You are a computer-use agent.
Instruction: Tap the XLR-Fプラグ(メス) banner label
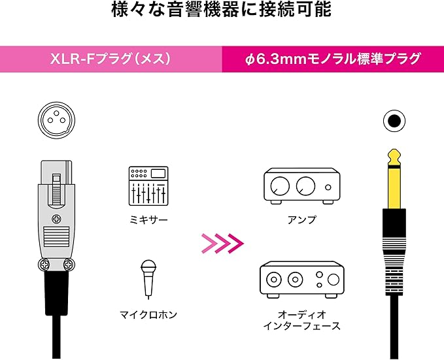[111, 59]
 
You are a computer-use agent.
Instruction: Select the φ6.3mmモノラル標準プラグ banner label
[332, 59]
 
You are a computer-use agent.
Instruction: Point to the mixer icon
[148, 186]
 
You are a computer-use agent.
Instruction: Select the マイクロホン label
[148, 314]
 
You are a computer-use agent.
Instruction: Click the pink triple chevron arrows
[222, 243]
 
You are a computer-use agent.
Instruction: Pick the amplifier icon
[301, 185]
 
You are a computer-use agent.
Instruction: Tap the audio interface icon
[301, 279]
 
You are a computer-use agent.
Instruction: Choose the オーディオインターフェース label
[301, 319]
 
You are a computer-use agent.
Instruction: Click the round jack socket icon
[393, 120]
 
